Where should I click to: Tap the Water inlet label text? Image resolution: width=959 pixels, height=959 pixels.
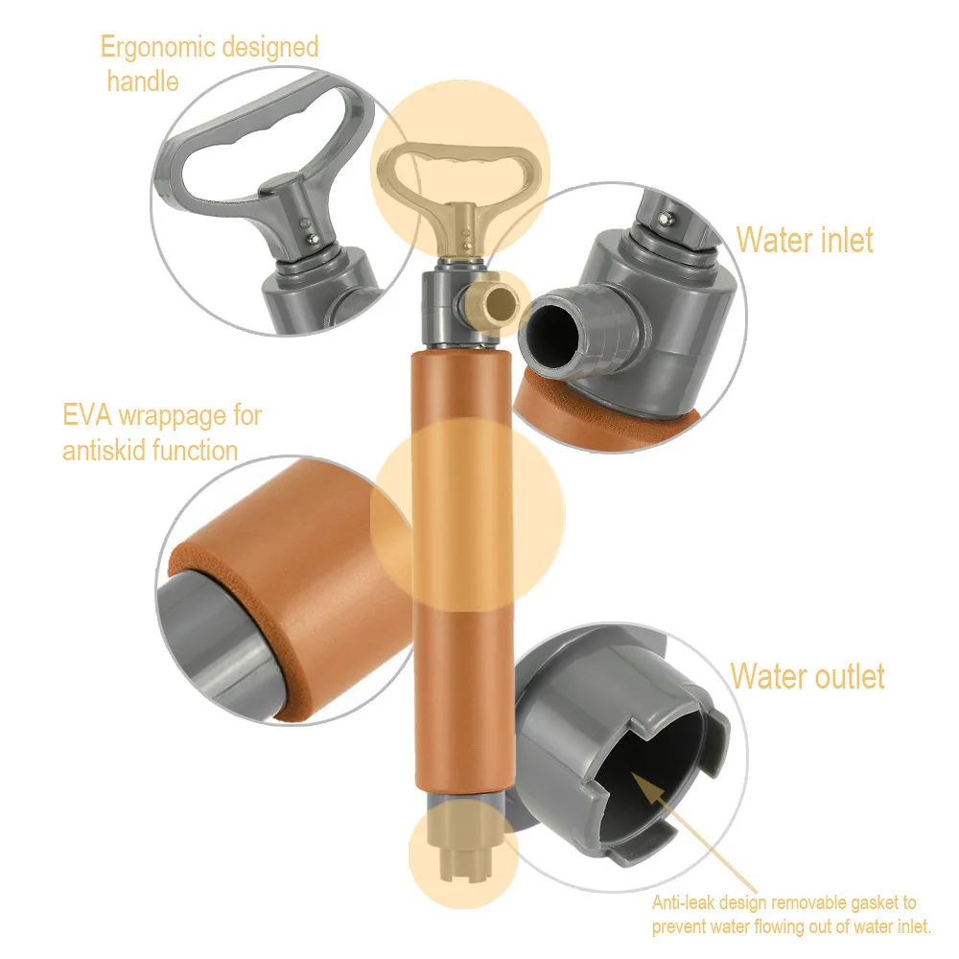point(804,240)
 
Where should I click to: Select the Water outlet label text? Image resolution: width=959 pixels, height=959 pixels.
point(807,676)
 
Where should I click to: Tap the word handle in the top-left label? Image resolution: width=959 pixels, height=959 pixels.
point(143,81)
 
